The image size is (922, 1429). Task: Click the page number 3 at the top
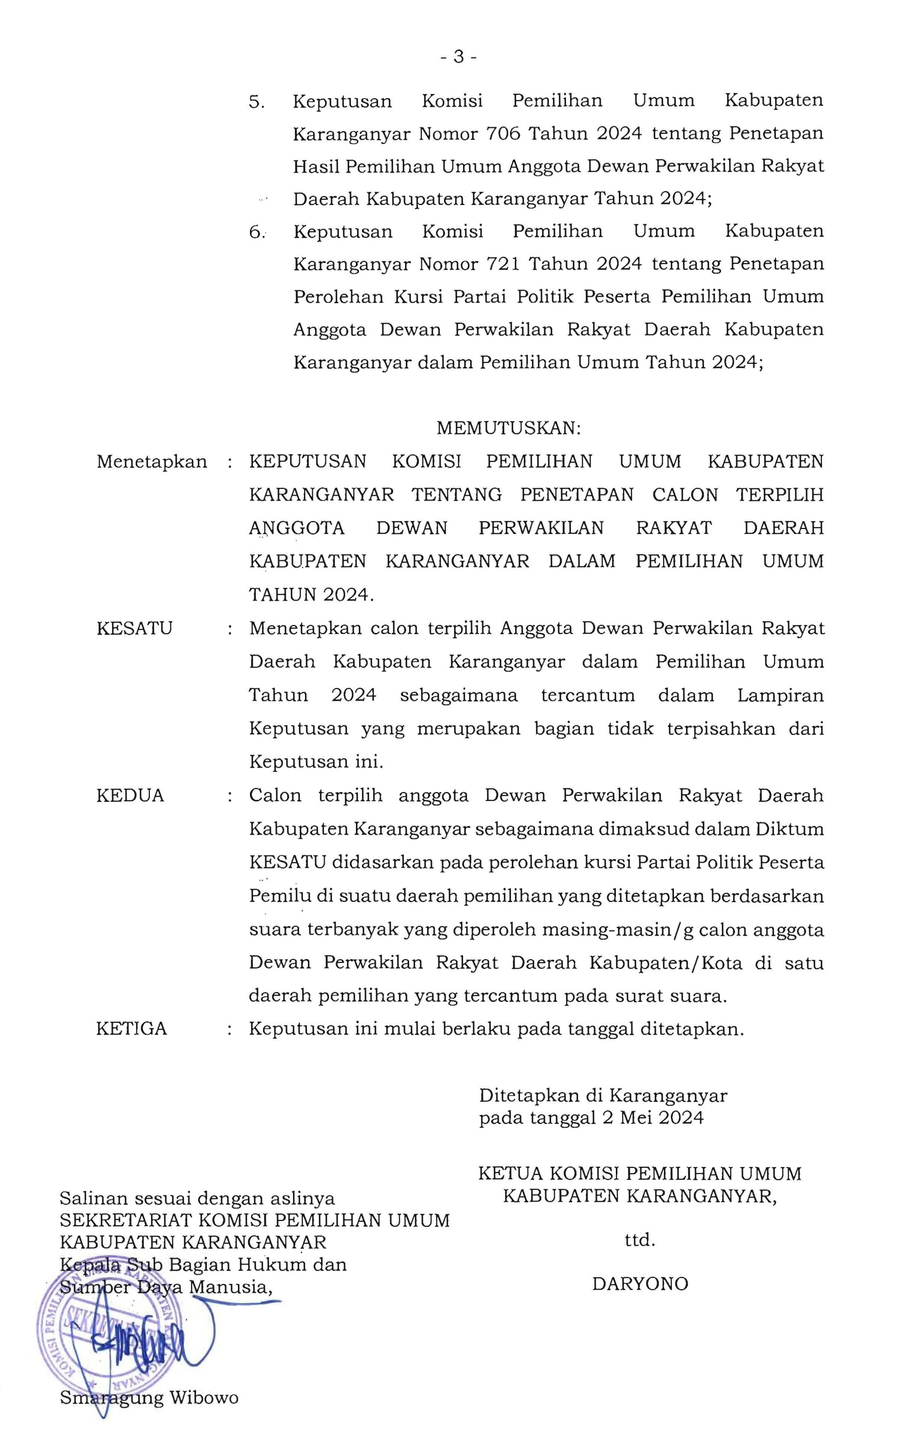[x=459, y=57]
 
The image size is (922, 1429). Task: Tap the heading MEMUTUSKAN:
[x=508, y=428]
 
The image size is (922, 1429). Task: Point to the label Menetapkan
[x=151, y=462]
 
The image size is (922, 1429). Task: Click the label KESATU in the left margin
[x=134, y=628]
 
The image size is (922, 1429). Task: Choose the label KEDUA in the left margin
[x=130, y=795]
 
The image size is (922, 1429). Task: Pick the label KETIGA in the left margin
[x=132, y=1029]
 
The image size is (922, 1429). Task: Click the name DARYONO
[x=640, y=1284]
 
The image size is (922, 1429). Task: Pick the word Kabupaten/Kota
[x=666, y=963]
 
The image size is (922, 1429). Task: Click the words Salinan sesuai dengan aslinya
[x=197, y=1198]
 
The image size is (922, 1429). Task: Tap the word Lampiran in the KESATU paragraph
[x=780, y=695]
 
